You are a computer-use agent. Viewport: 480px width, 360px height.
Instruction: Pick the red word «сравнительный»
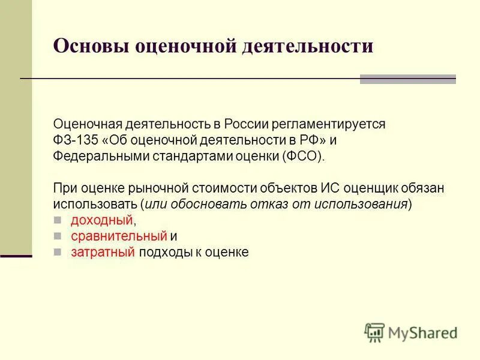(x=118, y=236)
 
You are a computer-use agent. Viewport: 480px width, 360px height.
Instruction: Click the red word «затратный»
(x=103, y=253)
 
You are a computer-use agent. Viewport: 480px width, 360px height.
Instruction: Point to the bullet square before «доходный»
(x=58, y=220)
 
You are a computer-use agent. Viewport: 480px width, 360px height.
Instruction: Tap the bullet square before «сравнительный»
(x=58, y=236)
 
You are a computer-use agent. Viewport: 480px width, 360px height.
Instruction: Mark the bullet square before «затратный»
(x=58, y=253)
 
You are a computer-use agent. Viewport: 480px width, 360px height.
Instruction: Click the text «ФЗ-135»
(x=71, y=140)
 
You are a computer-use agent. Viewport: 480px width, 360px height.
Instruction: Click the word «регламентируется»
(x=328, y=124)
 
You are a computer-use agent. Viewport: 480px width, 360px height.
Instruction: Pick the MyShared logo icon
(x=374, y=331)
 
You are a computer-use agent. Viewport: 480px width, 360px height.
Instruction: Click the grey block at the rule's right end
(x=408, y=79)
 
